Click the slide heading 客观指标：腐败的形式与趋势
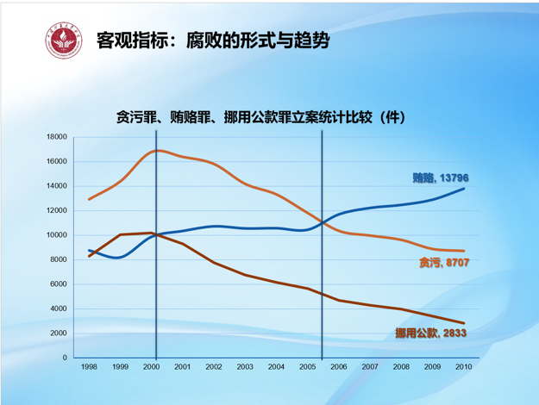pyautogui.click(x=214, y=40)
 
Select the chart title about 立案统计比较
pyautogui.click(x=259, y=117)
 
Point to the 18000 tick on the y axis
pyautogui.click(x=56, y=137)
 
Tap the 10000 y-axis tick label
pyautogui.click(x=56, y=235)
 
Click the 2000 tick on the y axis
pyautogui.click(x=59, y=333)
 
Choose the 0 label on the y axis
pyautogui.click(x=64, y=357)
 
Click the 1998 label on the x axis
pyautogui.click(x=89, y=367)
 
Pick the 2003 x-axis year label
pyautogui.click(x=245, y=367)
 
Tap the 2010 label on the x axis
pyautogui.click(x=463, y=367)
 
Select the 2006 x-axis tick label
pyautogui.click(x=338, y=367)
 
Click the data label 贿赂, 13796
pyautogui.click(x=441, y=178)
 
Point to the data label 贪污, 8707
pyautogui.click(x=444, y=261)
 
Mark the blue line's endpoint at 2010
pyautogui.click(x=464, y=189)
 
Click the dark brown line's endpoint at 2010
pyautogui.click(x=464, y=323)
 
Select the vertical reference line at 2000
pyautogui.click(x=156, y=259)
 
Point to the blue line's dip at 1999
pyautogui.click(x=120, y=257)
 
